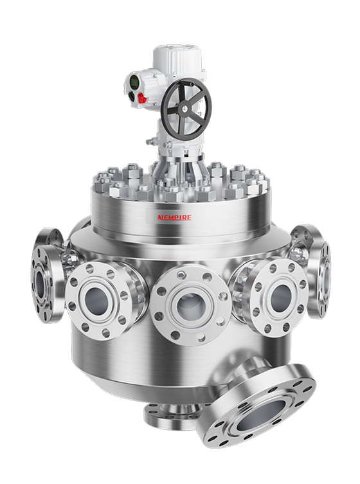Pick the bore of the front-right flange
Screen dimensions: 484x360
(x=280, y=297)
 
